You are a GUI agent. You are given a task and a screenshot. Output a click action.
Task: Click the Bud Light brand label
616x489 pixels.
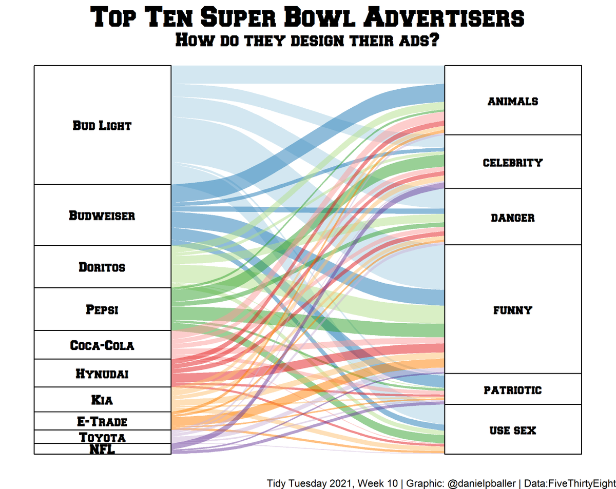click(102, 125)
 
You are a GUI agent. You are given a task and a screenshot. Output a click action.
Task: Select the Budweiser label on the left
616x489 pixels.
click(102, 216)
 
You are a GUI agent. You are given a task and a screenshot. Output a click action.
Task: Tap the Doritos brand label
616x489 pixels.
click(102, 267)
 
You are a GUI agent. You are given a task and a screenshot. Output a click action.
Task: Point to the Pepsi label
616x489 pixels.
click(102, 309)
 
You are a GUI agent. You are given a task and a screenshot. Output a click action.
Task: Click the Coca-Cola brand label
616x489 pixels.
click(102, 345)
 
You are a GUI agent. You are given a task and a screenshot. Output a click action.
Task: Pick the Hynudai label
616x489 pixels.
click(102, 374)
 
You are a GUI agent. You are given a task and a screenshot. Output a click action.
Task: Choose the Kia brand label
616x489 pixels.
click(102, 400)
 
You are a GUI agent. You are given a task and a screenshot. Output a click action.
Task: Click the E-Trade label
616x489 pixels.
click(102, 422)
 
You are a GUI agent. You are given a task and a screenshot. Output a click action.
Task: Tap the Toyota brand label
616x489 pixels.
click(102, 437)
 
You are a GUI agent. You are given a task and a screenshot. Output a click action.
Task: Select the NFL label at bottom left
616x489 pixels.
click(102, 449)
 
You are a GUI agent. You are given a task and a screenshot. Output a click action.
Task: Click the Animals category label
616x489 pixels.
click(513, 101)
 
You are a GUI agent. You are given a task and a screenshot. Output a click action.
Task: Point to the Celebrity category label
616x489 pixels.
click(513, 163)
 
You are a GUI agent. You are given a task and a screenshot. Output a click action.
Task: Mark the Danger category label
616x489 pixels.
click(513, 218)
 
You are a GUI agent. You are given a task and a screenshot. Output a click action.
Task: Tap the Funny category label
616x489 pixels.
click(513, 310)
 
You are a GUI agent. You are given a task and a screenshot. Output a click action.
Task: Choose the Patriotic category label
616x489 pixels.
click(513, 390)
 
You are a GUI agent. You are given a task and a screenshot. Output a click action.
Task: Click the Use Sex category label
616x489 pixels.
click(513, 430)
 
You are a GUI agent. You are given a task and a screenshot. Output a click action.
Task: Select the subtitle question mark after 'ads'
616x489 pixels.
click(434, 40)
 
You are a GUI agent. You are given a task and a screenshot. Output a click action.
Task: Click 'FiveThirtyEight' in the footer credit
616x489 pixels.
click(582, 483)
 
